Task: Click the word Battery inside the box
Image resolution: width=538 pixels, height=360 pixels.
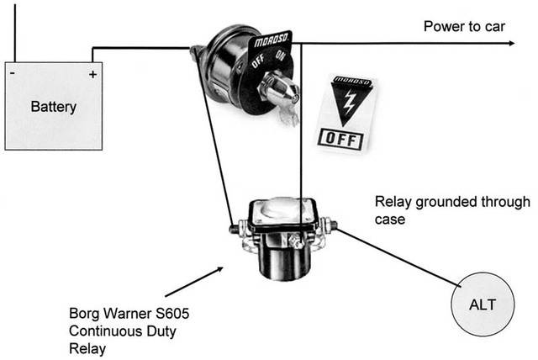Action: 54,107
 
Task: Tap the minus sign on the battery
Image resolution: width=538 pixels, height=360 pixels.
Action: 14,74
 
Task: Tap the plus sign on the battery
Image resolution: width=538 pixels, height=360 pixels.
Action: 92,74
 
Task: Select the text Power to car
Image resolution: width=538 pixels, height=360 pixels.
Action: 463,25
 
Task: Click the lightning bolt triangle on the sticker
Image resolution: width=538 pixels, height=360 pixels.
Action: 347,103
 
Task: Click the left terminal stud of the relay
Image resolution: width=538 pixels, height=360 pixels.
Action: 232,227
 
